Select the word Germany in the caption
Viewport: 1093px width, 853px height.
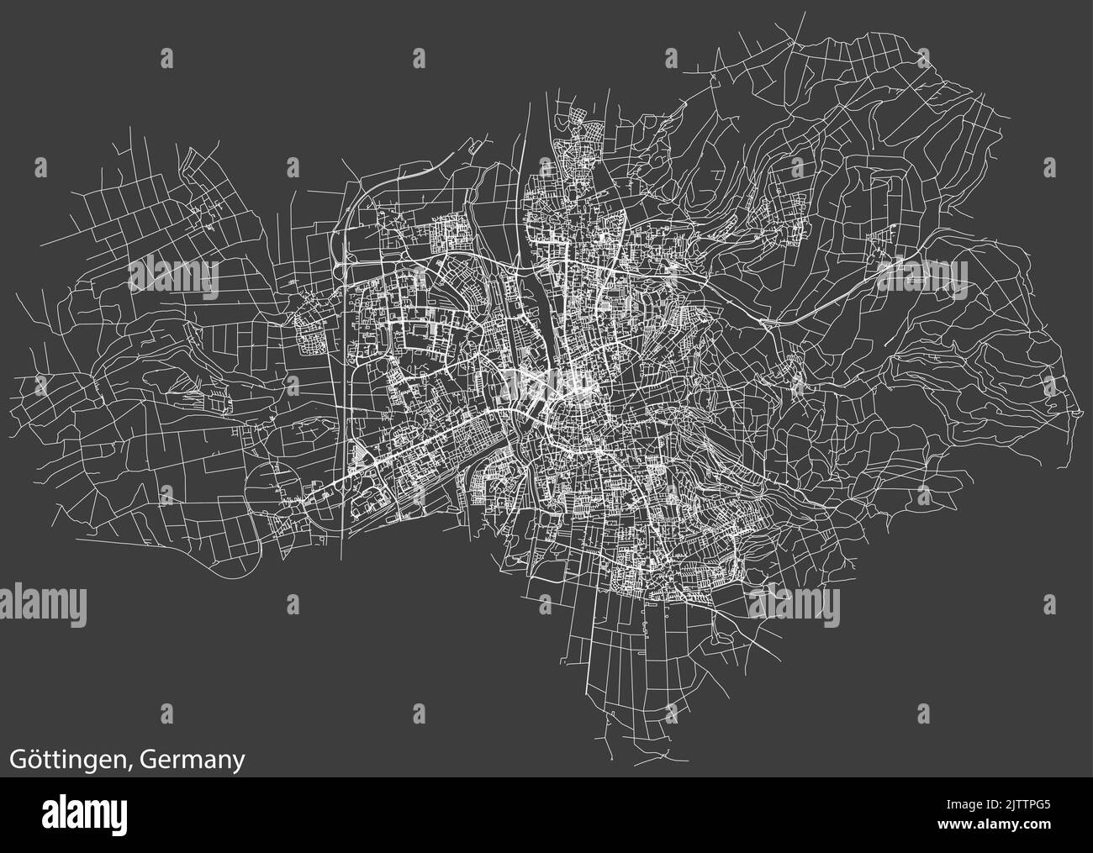193,761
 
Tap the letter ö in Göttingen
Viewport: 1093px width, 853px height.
35,759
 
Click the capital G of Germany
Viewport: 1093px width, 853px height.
148,759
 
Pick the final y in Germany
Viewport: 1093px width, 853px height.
239,763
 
